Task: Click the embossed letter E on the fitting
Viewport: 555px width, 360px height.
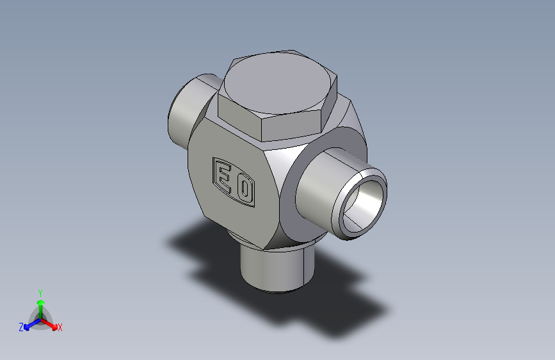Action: pyautogui.click(x=223, y=177)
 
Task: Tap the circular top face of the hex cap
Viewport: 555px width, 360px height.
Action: pyautogui.click(x=278, y=83)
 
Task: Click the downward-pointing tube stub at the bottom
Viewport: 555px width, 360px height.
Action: pyautogui.click(x=277, y=269)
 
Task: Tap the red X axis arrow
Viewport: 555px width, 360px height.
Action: pyautogui.click(x=49, y=324)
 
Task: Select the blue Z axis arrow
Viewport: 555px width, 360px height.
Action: pyautogui.click(x=33, y=324)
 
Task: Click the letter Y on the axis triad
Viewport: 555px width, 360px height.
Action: pyautogui.click(x=40, y=293)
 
